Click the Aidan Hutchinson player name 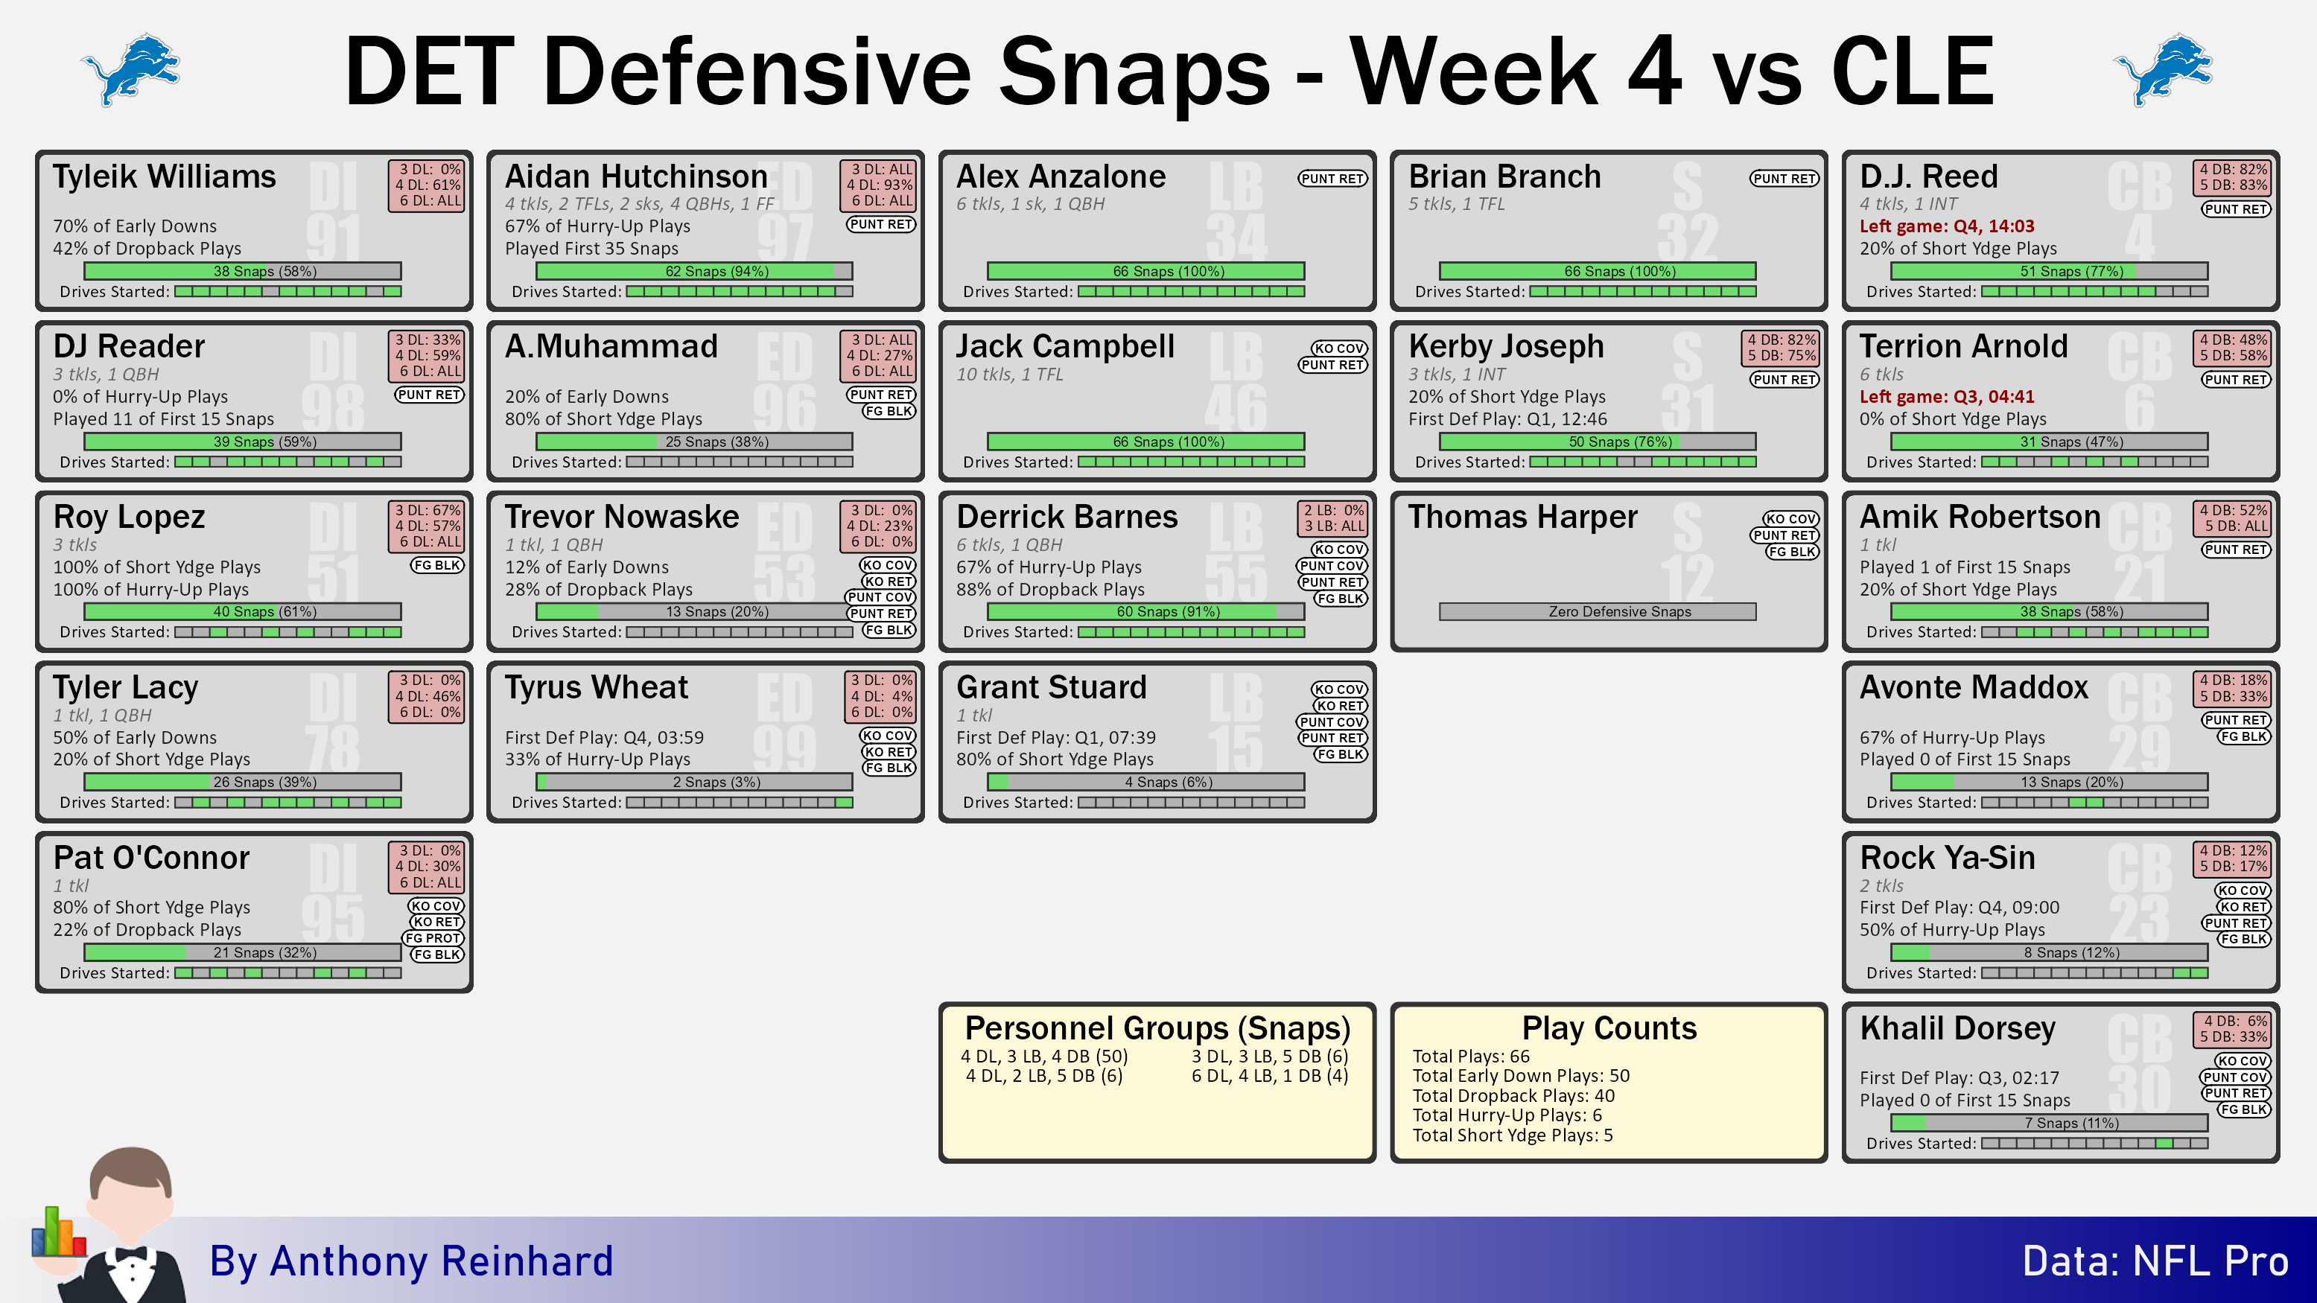(636, 176)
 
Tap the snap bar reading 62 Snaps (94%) (694, 271)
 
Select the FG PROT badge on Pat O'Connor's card (433, 938)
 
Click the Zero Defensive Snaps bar (1598, 611)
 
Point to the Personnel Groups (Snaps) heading (1157, 1028)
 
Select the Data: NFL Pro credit (2155, 1261)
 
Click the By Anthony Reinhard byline (411, 1261)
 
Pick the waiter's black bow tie (131, 1254)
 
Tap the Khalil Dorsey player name (1957, 1028)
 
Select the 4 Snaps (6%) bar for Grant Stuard (1146, 783)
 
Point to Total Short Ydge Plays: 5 (1512, 1135)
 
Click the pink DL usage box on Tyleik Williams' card (426, 185)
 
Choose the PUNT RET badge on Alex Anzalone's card (1332, 179)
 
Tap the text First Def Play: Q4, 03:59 (605, 737)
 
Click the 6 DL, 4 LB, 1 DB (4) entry (1269, 1075)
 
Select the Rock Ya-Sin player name (1948, 857)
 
